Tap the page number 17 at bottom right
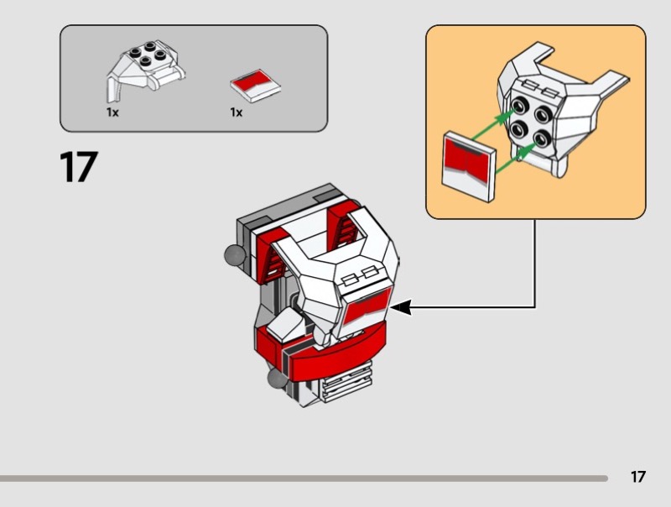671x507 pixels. click(638, 477)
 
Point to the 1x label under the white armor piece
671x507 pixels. click(112, 112)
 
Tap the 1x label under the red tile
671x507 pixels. click(237, 112)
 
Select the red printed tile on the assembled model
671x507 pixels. click(366, 306)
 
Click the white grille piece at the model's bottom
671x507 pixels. click(347, 387)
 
